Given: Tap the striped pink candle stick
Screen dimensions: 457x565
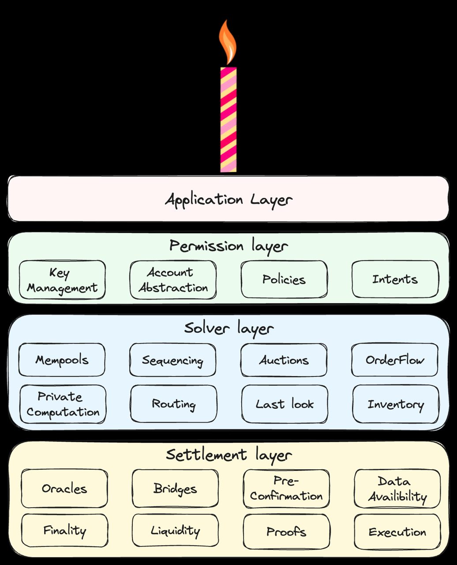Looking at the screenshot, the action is click(228, 120).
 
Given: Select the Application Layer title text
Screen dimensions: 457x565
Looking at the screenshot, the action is click(229, 200).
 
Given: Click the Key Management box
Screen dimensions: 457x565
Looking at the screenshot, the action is click(62, 280).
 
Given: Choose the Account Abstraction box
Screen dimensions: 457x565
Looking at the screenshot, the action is click(173, 280).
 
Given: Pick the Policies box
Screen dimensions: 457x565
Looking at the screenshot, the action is click(284, 279).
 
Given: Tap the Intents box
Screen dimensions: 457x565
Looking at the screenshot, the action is click(395, 279).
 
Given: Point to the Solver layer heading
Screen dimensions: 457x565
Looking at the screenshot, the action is click(229, 329).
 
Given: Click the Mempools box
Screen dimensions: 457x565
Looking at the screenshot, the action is click(62, 360).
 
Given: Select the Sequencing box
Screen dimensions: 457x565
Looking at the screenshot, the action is click(172, 360).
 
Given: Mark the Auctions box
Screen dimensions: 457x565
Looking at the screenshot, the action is click(284, 360).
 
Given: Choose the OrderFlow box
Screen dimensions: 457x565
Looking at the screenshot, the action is click(395, 360).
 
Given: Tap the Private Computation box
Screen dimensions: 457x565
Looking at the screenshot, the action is click(63, 404).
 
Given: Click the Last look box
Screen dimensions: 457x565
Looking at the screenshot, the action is click(285, 404).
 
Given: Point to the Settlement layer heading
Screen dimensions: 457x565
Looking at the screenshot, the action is click(229, 456).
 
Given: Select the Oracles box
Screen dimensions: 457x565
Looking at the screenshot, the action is click(64, 489).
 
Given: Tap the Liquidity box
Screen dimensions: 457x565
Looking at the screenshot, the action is click(176, 531).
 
